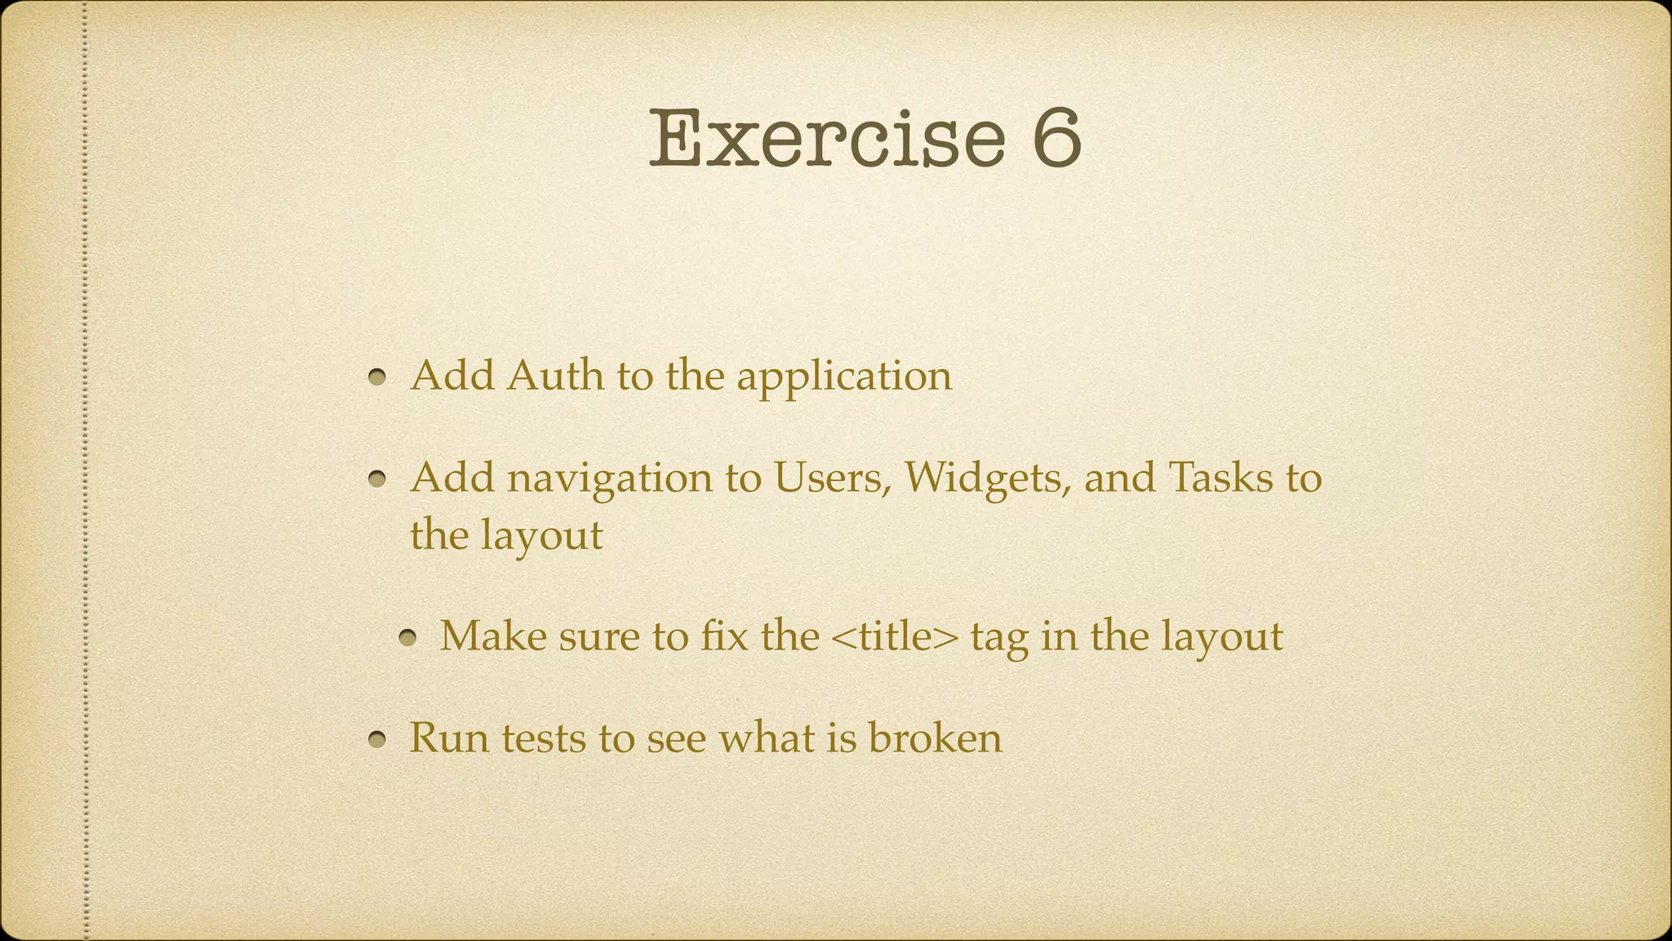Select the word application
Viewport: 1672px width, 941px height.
coord(844,377)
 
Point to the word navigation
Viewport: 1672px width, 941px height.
coord(610,478)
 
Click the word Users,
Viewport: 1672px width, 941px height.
coord(832,477)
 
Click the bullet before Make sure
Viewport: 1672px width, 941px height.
coord(408,638)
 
